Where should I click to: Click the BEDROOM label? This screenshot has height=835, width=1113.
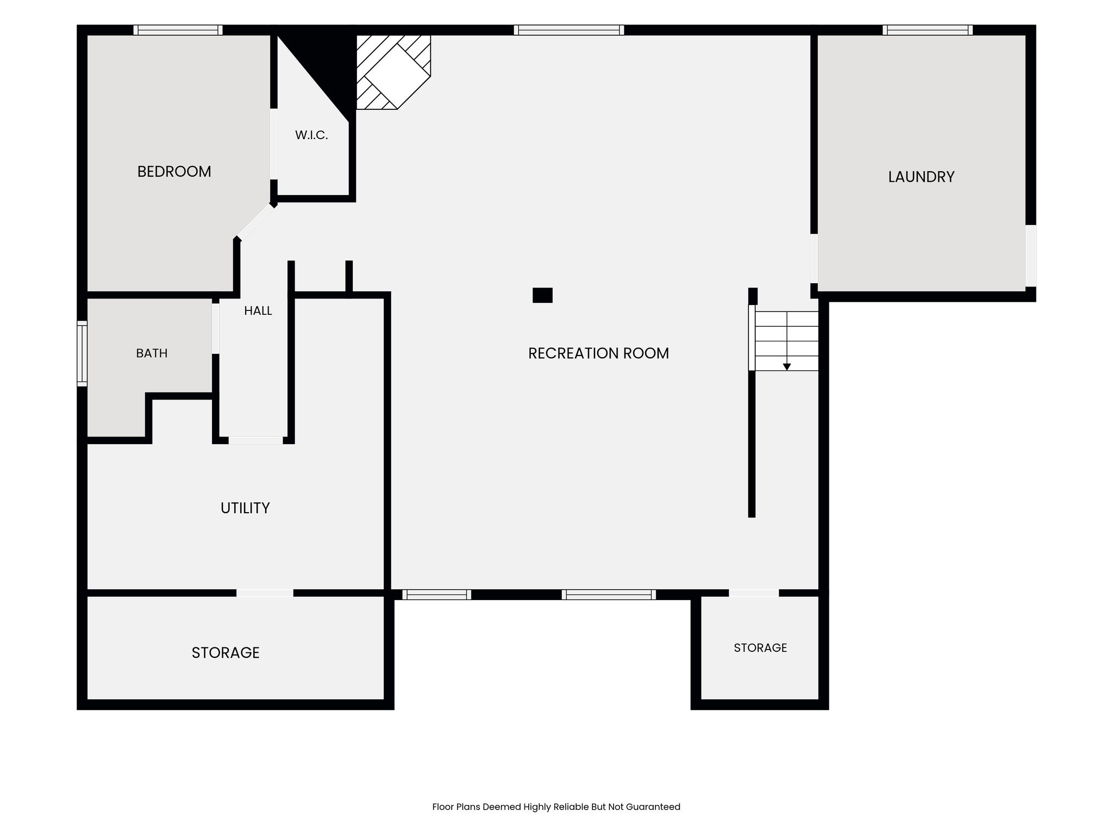pos(174,172)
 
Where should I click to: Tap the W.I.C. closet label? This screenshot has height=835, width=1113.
pos(311,135)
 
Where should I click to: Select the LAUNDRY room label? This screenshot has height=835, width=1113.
pos(921,177)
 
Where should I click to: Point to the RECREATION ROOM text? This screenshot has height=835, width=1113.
pos(598,353)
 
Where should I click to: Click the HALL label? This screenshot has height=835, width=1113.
pos(258,311)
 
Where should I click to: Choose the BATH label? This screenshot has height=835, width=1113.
pos(152,353)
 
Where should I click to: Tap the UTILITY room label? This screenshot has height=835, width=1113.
pos(245,508)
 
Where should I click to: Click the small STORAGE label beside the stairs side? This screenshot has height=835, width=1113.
pos(760,647)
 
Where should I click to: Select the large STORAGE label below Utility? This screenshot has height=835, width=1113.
pos(226,652)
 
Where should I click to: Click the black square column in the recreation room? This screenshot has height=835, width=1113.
pos(542,295)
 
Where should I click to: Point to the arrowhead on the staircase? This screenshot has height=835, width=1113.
pos(786,367)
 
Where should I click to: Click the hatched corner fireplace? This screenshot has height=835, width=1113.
pos(393,72)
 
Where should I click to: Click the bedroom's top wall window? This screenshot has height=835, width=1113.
pos(178,30)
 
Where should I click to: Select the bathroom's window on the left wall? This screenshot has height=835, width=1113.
pos(82,353)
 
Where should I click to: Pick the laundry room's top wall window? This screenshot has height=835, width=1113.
pos(928,30)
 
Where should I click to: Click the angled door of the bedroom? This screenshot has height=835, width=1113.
pos(255,222)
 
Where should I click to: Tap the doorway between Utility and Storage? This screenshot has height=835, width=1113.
pos(265,593)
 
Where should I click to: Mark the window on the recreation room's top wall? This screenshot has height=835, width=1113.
pos(569,30)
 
